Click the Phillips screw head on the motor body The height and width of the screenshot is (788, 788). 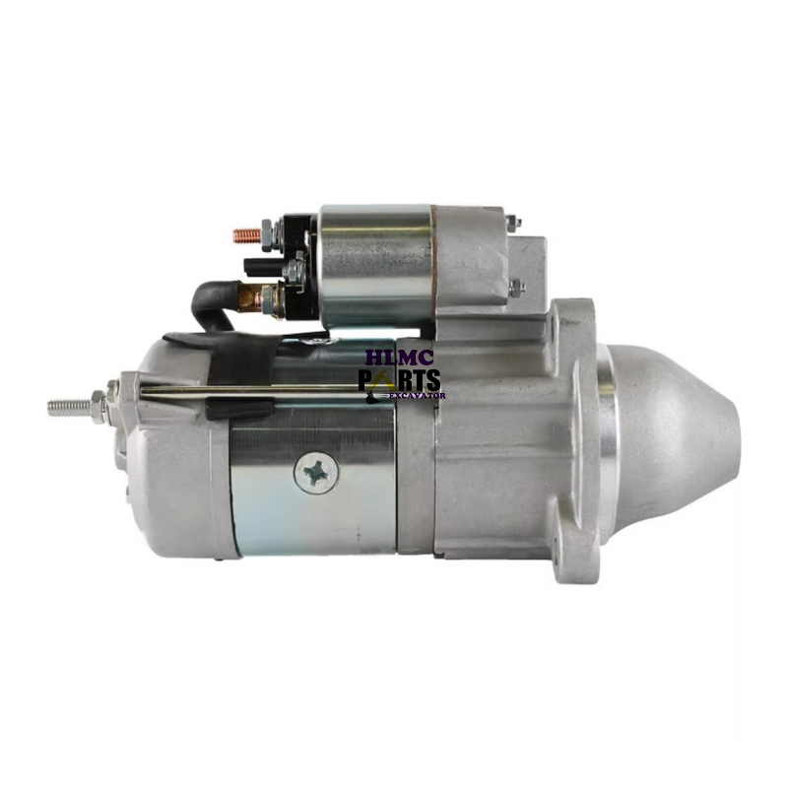(x=316, y=473)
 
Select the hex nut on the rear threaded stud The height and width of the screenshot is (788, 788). (x=98, y=404)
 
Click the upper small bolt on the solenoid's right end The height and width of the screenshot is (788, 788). (x=514, y=224)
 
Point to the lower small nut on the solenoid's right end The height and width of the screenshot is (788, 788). (x=516, y=288)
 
